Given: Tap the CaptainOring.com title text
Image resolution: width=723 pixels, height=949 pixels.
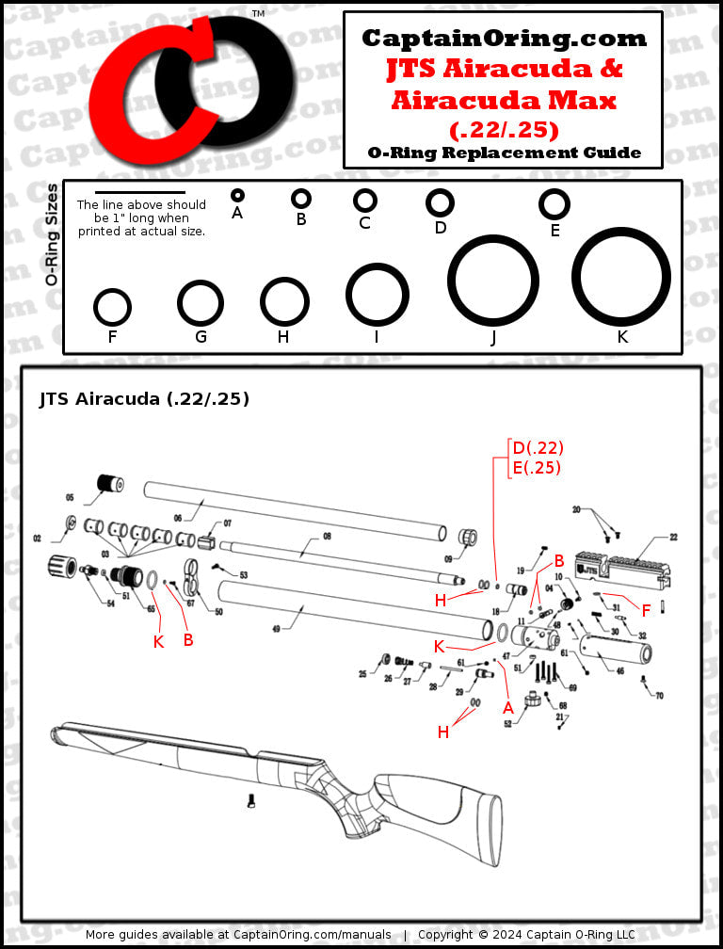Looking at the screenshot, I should click(x=504, y=39).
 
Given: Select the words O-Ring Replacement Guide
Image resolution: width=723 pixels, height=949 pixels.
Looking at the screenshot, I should click(x=504, y=153).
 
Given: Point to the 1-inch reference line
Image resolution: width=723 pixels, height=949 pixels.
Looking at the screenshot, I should click(x=140, y=192).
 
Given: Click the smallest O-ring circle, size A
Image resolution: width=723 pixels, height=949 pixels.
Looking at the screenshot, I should click(x=237, y=195).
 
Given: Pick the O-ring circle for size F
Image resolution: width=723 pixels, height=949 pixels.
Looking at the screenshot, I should click(x=112, y=307).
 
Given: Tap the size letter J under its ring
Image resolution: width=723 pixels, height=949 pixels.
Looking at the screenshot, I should click(x=493, y=338).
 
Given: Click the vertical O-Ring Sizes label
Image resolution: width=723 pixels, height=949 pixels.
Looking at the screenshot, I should click(x=53, y=234).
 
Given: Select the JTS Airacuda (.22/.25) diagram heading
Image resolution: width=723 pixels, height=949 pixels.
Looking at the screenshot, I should click(x=144, y=399).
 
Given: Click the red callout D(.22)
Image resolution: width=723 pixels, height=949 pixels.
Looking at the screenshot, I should click(x=538, y=447).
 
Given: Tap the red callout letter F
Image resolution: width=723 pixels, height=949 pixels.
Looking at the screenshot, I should click(x=647, y=611).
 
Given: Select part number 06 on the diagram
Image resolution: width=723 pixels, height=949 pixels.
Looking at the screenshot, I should click(x=176, y=518).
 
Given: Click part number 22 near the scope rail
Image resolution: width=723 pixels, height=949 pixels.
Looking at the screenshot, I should click(x=673, y=538).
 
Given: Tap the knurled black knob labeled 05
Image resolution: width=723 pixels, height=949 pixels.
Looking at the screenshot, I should click(x=111, y=485).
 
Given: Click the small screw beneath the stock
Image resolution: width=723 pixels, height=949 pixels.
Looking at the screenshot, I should click(x=251, y=800).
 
